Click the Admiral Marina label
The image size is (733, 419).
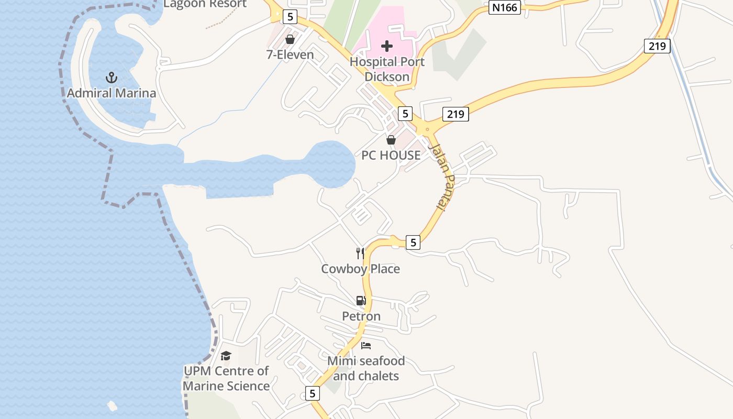coord(112,93)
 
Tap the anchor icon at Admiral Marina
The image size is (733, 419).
coord(111,78)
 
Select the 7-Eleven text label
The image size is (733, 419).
coord(290,54)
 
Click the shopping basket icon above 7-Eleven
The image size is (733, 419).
coord(290,39)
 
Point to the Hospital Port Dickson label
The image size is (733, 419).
coord(387,69)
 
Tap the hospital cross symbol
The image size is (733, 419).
coord(387,46)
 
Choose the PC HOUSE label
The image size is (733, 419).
coord(391,155)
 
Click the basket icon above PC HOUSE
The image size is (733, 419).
coord(391,140)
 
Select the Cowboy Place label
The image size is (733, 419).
coord(361,269)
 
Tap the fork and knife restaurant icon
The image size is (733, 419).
coord(360,253)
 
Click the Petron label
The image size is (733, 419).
coord(361,316)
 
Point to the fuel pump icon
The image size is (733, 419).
coord(361,301)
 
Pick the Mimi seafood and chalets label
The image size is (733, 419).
coord(366,368)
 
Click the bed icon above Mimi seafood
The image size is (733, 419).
coord(366,346)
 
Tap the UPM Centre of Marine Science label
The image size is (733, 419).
coord(226,378)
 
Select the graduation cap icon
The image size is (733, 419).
coord(226,356)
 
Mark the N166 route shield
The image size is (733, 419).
coord(505,8)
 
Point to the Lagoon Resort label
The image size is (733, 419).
coord(205,4)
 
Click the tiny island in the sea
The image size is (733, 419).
coord(112,405)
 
